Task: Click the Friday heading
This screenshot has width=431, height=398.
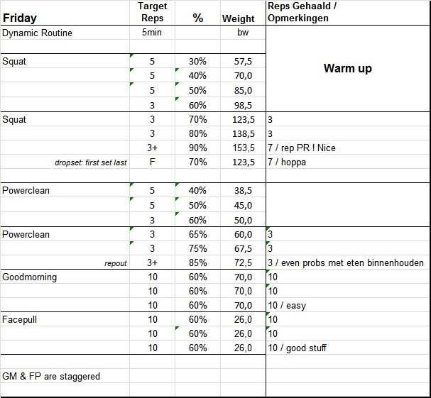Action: click(x=20, y=18)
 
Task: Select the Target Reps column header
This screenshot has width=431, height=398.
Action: click(x=152, y=11)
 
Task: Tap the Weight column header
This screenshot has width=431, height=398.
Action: click(x=238, y=18)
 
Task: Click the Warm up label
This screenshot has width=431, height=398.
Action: click(x=347, y=69)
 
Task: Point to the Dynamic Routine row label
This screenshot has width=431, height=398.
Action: click(x=37, y=33)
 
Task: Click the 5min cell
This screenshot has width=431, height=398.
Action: click(x=152, y=33)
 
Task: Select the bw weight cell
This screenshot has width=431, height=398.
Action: click(x=243, y=33)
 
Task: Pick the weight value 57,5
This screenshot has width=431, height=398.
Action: click(x=243, y=62)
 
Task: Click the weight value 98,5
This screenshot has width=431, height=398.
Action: click(x=243, y=105)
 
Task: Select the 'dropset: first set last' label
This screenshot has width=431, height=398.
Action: click(x=91, y=162)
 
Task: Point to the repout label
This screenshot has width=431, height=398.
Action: click(x=115, y=263)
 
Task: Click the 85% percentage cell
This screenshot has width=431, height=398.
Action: click(x=198, y=263)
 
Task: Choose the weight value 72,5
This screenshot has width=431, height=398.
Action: click(x=243, y=263)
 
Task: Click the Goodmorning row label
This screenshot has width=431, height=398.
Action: click(x=29, y=277)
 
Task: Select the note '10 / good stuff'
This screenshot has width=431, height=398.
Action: click(x=298, y=348)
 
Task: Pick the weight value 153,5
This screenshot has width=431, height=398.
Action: click(x=243, y=148)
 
